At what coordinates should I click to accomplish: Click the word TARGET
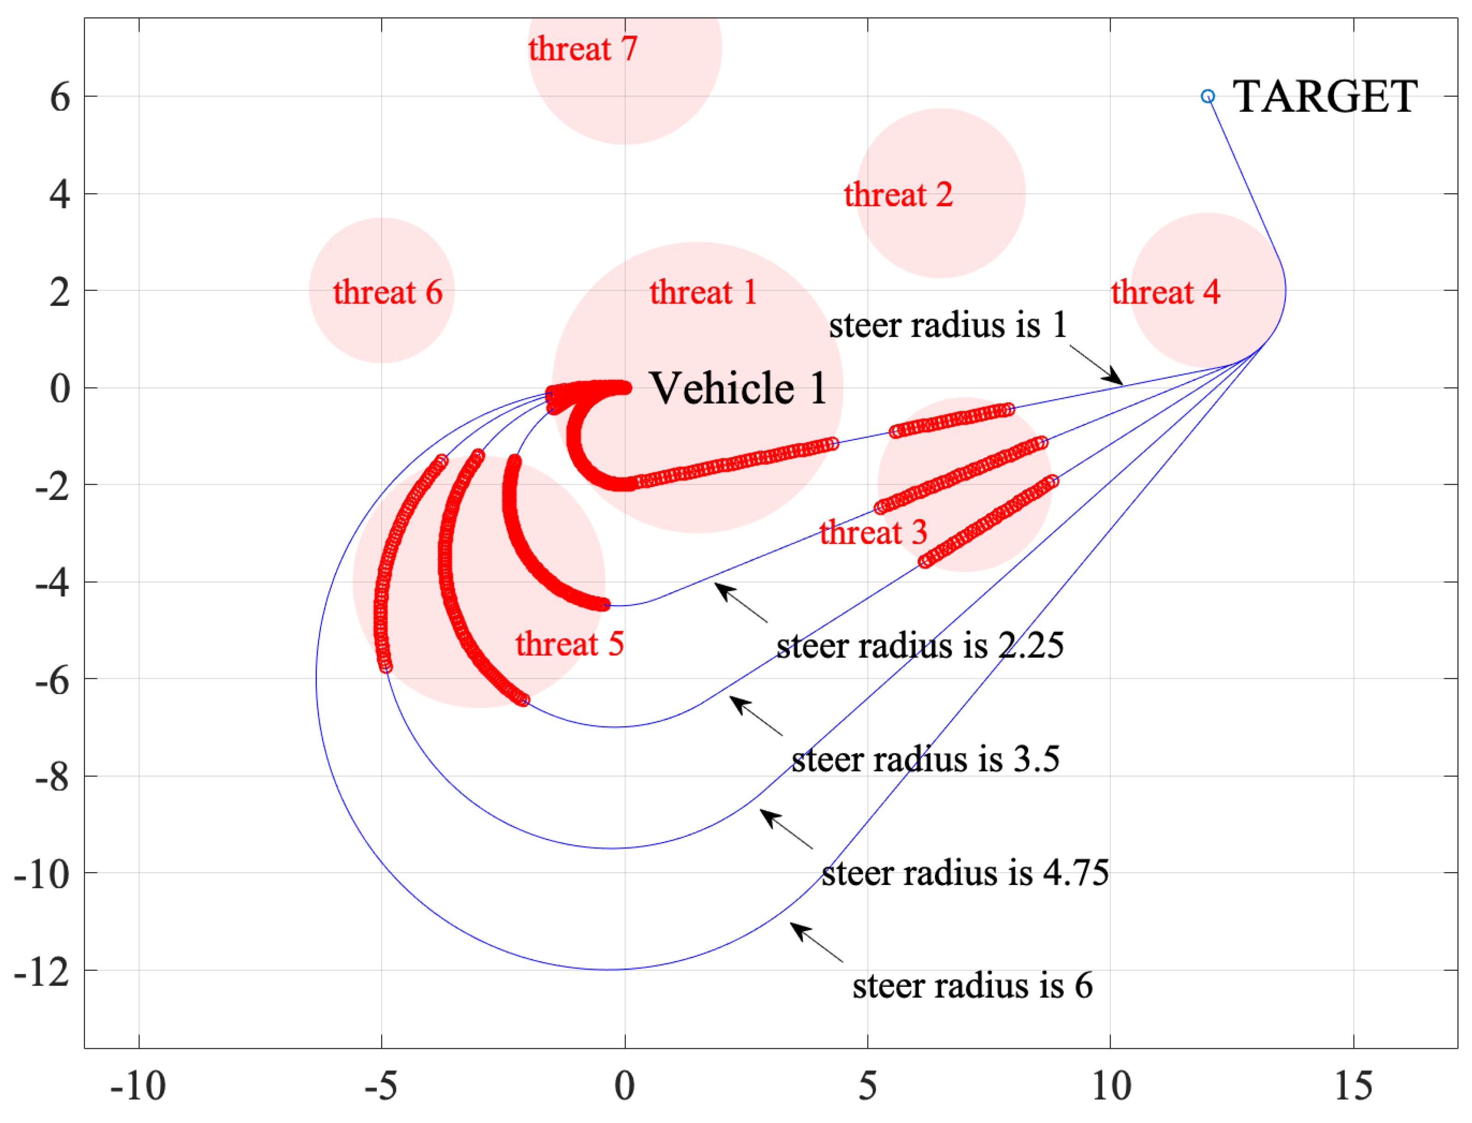pos(1324,97)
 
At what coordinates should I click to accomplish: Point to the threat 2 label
pos(898,195)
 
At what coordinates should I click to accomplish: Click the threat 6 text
pos(388,292)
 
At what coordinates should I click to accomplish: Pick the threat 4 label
pos(1166,292)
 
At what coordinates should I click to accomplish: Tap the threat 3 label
pos(874,533)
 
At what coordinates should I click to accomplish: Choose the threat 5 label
pos(569,644)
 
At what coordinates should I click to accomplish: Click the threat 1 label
pos(703,292)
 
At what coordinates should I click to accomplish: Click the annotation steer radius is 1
pos(948,326)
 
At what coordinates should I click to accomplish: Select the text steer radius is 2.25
pos(920,646)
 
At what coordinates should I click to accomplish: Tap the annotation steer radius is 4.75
pos(965,873)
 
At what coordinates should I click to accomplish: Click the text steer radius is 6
pos(972,986)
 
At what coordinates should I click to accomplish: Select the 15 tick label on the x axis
pos(1353,1086)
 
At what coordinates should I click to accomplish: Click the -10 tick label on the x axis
pos(138,1086)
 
